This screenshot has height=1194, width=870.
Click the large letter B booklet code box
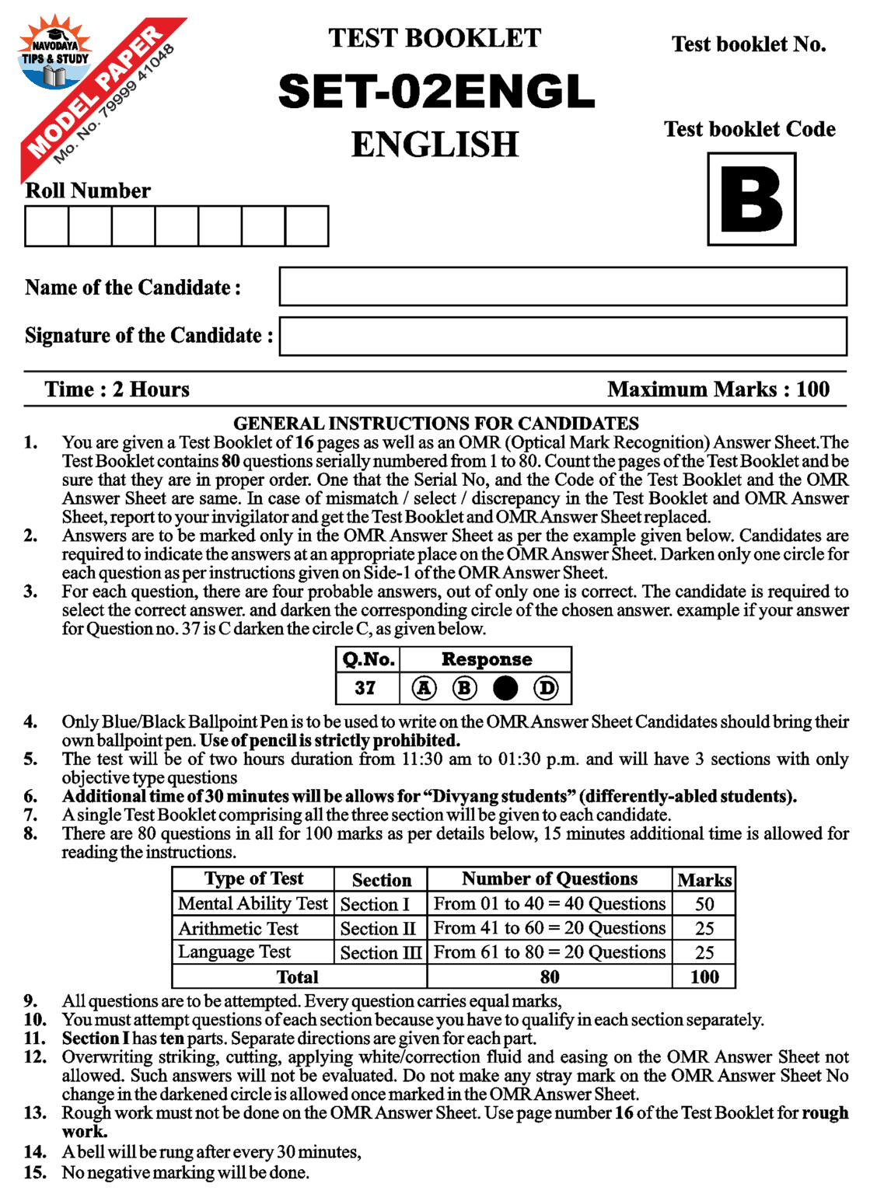click(751, 199)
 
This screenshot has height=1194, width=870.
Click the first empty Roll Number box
click(47, 226)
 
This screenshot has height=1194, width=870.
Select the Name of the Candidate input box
click(563, 287)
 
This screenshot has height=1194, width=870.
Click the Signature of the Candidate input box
click(563, 336)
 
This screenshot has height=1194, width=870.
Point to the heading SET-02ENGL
click(435, 92)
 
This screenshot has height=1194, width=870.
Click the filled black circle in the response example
click(505, 688)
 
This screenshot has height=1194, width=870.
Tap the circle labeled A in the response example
click(424, 688)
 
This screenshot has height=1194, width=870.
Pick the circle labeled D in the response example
click(547, 688)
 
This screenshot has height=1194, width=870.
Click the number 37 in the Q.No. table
click(365, 688)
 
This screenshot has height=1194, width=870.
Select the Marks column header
click(704, 880)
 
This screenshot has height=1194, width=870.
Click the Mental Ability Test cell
click(253, 903)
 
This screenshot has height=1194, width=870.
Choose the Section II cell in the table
click(379, 928)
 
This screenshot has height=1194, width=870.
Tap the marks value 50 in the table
click(704, 904)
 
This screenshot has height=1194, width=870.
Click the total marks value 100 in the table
click(704, 977)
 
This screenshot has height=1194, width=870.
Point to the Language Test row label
click(234, 952)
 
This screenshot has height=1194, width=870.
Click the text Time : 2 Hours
click(117, 389)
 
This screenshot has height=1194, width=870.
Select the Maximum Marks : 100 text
click(718, 389)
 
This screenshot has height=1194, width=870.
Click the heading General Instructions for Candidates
click(436, 424)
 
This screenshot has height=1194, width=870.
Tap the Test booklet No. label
click(749, 44)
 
